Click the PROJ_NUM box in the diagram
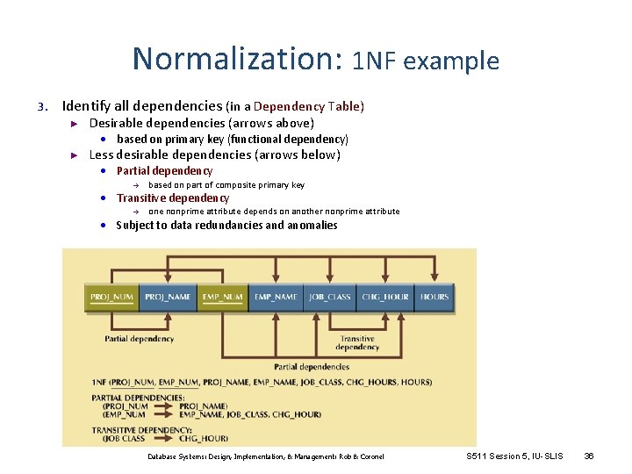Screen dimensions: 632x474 coord(111,297)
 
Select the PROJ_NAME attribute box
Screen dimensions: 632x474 coord(167,297)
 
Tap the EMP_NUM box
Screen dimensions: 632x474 coord(222,297)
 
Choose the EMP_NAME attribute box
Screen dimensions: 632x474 coord(276,297)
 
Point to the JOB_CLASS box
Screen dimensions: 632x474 coord(329,297)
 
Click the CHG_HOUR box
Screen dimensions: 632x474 coord(384,297)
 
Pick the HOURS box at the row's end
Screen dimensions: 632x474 coord(434,297)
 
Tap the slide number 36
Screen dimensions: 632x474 coord(589,456)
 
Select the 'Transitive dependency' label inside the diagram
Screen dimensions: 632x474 coord(357,343)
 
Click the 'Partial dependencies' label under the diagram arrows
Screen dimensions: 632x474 coord(312,367)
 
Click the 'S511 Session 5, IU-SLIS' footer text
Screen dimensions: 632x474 coord(515,456)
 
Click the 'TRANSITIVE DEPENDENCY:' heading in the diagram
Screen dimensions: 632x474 coord(131,429)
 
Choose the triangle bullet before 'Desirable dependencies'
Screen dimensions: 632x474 coord(75,124)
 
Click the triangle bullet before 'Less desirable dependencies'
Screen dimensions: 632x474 coord(75,155)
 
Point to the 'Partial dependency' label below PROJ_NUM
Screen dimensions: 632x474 coord(140,339)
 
